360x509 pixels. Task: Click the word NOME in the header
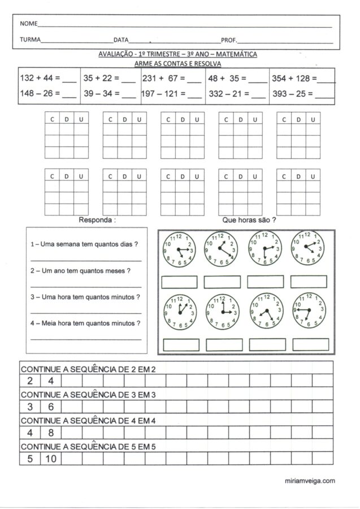point(28,24)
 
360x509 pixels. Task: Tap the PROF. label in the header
point(229,40)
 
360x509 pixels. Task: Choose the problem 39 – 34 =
point(102,94)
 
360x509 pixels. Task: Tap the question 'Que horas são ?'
point(249,219)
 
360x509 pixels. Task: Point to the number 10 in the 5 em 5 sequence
point(50,459)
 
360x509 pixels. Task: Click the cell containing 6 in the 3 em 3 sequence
point(50,406)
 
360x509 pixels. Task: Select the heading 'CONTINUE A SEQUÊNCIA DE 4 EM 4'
point(88,420)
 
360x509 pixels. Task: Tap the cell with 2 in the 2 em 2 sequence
point(29,380)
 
